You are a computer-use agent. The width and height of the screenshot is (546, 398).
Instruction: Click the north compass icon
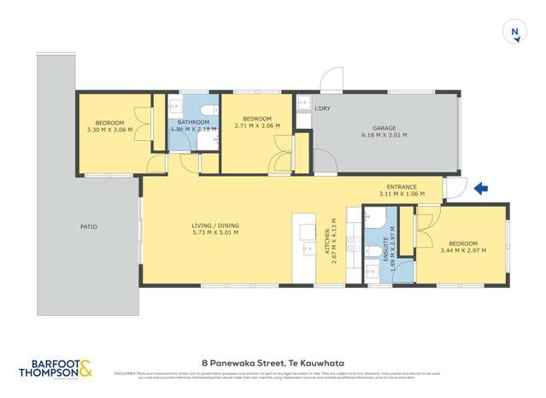[x=514, y=33]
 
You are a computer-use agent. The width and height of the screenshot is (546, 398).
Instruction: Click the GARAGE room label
[x=384, y=128]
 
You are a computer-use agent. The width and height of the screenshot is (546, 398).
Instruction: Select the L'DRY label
[x=322, y=108]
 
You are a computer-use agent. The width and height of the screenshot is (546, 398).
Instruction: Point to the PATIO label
[x=89, y=226]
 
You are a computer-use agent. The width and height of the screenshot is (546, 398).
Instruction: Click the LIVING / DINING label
[x=215, y=225]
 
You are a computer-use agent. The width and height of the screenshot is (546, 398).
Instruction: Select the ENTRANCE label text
[x=402, y=187]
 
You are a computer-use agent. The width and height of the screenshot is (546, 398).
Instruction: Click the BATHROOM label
[x=193, y=122]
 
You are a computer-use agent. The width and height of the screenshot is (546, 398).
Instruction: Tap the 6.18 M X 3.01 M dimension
[x=384, y=135]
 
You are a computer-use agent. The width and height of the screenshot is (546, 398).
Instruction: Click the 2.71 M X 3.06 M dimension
[x=257, y=126]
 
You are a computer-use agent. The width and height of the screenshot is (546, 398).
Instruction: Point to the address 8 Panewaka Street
[x=272, y=361]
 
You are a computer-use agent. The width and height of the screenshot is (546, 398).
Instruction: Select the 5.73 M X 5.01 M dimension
[x=215, y=232]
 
